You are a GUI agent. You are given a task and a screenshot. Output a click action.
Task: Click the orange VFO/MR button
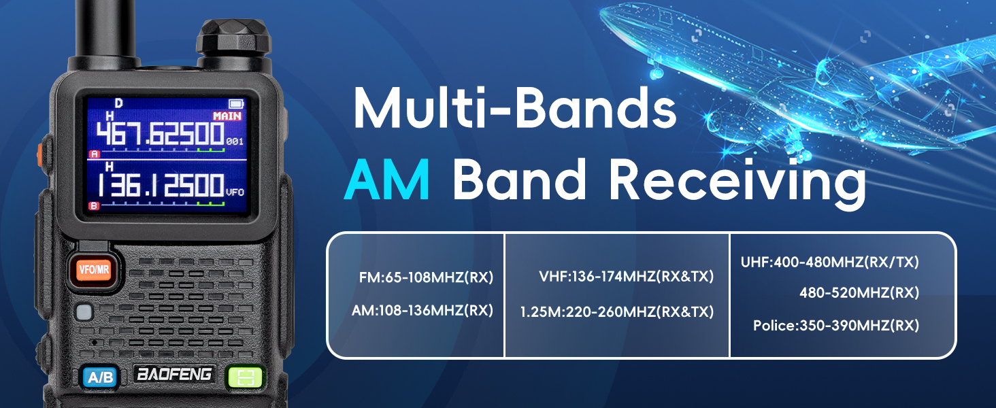click(93, 269)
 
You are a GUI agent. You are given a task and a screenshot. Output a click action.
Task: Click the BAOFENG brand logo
click(174, 374)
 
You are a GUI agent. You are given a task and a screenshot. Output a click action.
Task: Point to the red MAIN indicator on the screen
click(227, 116)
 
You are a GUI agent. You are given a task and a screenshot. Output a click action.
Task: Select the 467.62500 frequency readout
click(160, 134)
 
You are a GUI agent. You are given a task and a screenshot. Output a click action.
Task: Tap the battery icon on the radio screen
click(236, 104)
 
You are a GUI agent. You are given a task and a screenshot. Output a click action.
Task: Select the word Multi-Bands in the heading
click(515, 108)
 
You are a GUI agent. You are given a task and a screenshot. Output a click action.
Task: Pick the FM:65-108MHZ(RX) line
click(426, 277)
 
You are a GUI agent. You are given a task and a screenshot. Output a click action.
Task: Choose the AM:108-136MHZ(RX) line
click(422, 310)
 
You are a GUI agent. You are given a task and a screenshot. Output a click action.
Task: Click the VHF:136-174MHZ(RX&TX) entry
click(626, 277)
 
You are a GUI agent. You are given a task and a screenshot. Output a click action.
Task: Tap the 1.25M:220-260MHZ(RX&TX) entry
click(617, 311)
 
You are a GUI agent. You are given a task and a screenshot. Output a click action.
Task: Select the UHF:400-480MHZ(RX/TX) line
click(830, 262)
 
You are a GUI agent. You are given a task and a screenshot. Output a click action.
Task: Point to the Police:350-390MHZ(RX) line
click(836, 325)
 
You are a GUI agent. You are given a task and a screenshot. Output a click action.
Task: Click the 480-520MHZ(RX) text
click(859, 292)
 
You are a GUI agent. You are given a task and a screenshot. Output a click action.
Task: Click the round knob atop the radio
click(234, 39)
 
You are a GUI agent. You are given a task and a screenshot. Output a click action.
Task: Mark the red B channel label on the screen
click(94, 206)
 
